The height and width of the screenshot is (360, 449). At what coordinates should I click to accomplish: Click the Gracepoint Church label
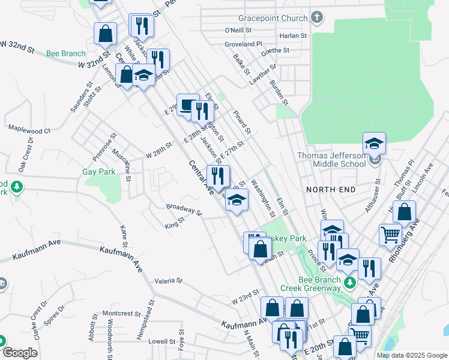272,18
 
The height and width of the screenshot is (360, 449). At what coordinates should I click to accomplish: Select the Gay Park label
98,172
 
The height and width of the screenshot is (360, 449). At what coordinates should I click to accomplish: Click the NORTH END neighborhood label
330,190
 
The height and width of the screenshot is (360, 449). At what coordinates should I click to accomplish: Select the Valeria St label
168,280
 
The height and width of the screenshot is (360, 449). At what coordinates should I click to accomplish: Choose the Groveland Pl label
244,44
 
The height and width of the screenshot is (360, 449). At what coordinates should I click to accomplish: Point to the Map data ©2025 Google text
411,355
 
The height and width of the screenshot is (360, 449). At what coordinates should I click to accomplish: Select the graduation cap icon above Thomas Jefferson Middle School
373,143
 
